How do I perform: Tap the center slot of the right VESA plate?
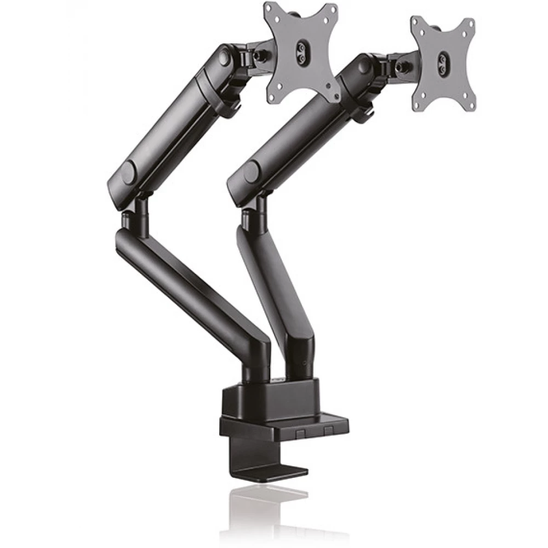point(442,64)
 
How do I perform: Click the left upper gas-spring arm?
point(170,121)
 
